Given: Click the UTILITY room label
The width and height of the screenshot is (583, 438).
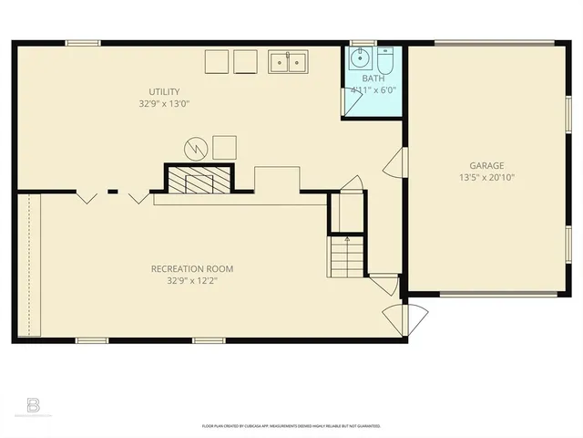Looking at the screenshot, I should click(165, 91).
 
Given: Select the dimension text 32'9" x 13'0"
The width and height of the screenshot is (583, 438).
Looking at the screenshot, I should click(165, 104).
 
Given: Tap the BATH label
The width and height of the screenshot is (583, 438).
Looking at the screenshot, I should click(373, 79).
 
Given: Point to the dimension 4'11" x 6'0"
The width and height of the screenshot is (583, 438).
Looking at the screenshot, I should click(373, 90).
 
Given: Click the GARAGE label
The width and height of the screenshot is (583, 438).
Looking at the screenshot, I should click(488, 165).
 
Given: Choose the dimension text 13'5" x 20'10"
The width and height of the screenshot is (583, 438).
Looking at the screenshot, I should click(488, 178).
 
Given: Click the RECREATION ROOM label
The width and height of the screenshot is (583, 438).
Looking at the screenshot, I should click(191, 268).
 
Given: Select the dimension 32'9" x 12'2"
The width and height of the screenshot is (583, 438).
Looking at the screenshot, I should click(191, 281).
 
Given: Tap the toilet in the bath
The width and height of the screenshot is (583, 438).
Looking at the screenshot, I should click(384, 62).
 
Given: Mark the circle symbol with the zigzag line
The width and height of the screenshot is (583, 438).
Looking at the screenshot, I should click(195, 147).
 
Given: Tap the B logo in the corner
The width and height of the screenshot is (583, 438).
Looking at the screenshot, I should click(34, 404).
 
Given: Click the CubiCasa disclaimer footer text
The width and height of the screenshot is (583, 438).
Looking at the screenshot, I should click(291, 425).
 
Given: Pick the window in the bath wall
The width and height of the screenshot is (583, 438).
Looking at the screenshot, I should click(363, 41).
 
